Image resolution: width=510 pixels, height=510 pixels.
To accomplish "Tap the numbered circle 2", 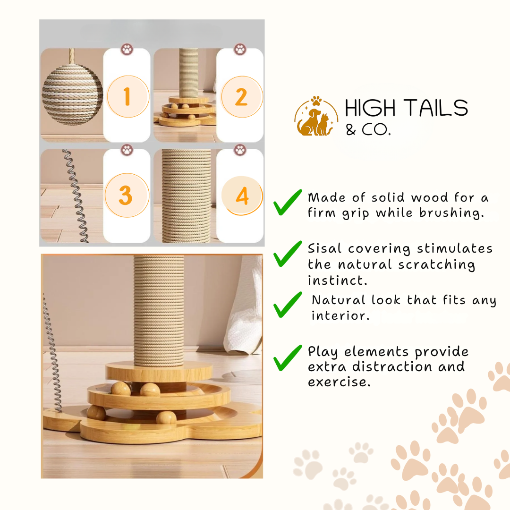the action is pyautogui.click(x=242, y=97).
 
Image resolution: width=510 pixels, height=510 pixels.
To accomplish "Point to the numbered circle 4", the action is pyautogui.click(x=242, y=195).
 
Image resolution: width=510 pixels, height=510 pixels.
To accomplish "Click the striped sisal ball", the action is pyautogui.click(x=72, y=94).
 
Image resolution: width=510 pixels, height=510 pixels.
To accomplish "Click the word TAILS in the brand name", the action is pyautogui.click(x=435, y=108).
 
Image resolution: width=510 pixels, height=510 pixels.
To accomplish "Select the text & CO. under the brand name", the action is pyautogui.click(x=368, y=130).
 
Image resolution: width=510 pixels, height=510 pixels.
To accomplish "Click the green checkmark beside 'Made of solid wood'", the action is pyautogui.click(x=288, y=202).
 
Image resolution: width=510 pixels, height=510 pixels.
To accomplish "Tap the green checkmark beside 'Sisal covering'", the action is pyautogui.click(x=288, y=254).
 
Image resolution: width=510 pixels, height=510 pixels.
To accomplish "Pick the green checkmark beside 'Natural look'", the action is pyautogui.click(x=288, y=305).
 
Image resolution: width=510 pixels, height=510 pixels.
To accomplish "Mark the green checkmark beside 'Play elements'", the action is pyautogui.click(x=288, y=358).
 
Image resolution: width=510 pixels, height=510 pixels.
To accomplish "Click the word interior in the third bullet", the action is pyautogui.click(x=340, y=315).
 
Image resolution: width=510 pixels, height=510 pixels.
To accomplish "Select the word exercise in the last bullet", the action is pyautogui.click(x=339, y=382).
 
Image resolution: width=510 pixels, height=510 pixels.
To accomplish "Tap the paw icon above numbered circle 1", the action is pyautogui.click(x=127, y=50).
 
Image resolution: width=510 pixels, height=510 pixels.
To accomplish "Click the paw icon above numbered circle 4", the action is pyautogui.click(x=240, y=150).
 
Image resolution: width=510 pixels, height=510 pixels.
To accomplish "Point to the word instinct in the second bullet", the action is pyautogui.click(x=337, y=280).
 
